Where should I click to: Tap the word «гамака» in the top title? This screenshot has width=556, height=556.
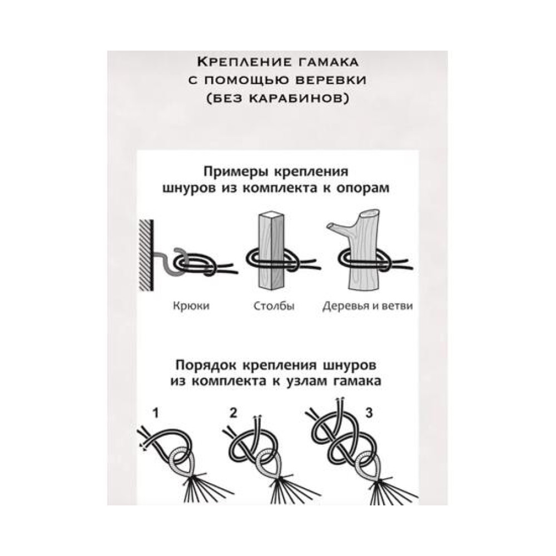pyautogui.click(x=325, y=62)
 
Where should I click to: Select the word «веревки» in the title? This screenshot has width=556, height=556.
pyautogui.click(x=331, y=80)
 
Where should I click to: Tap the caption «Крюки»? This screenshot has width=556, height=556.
pyautogui.click(x=191, y=306)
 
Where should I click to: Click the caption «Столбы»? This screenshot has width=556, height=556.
pyautogui.click(x=274, y=306)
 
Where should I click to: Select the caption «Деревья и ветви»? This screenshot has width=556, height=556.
pyautogui.click(x=368, y=306)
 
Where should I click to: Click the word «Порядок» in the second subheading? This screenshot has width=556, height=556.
pyautogui.click(x=207, y=366)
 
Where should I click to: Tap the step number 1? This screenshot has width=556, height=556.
pyautogui.click(x=156, y=414)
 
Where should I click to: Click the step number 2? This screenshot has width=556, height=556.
pyautogui.click(x=233, y=413)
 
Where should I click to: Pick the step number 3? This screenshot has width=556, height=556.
pyautogui.click(x=369, y=413)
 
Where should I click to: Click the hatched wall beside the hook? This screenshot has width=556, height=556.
pyautogui.click(x=146, y=255)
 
